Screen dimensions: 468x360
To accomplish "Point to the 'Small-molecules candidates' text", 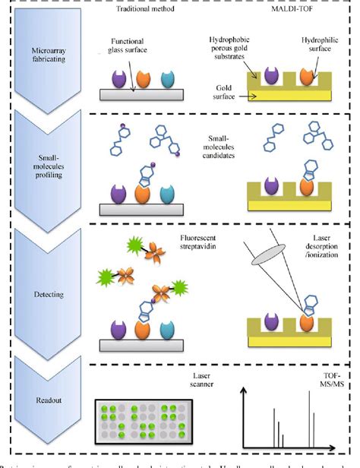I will coord(216,145).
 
